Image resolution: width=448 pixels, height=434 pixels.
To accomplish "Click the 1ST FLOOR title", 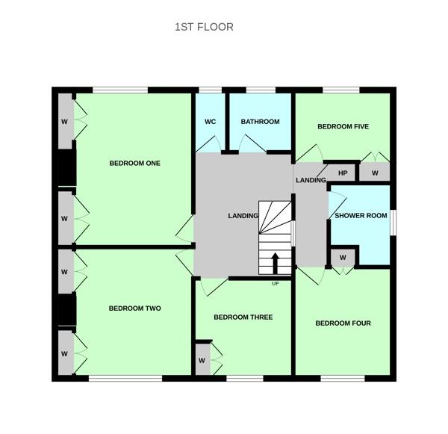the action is pos(204,27).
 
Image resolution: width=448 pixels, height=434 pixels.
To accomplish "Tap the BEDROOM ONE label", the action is pos(135,164).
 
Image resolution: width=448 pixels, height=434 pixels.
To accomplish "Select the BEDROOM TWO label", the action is pos(135,309).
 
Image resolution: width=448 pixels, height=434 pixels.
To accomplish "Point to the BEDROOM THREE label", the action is pos(243,317).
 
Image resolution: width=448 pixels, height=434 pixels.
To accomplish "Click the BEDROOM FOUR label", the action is pos(343,323).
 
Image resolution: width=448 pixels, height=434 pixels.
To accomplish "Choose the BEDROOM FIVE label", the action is pos(343,126).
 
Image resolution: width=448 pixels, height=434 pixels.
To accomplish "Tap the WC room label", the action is pos(211,122).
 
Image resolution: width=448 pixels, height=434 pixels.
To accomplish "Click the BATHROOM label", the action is pos(261,122).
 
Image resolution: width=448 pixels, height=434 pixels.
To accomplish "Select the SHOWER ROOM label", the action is pos(361,216).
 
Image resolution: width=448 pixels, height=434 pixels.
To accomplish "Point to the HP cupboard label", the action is pos(343,173).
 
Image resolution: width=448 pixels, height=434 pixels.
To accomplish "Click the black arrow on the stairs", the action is pos(275,264).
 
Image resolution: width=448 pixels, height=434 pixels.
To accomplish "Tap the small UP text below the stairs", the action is pos(275,284).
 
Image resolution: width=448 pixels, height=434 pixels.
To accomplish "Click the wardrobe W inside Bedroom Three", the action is pos(202,361).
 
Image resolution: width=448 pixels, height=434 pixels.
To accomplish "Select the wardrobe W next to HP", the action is pos(375,173).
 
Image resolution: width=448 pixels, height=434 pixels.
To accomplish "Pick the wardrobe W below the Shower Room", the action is pos(343,258).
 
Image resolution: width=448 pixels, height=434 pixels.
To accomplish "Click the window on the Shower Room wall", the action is pos(393,223).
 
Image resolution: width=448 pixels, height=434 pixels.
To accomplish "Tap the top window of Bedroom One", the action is pos(120,90).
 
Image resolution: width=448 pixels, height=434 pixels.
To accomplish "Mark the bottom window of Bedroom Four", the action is pos(343,379).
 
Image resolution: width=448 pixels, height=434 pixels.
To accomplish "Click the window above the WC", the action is pos(211,90).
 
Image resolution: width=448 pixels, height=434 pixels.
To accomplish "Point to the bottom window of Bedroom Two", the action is pos(125,379).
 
